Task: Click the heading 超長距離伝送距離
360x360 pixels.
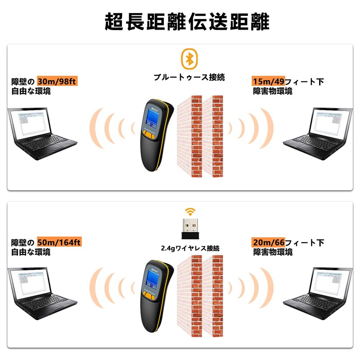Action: click(x=180, y=21)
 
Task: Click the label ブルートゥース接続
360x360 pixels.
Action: click(x=189, y=77)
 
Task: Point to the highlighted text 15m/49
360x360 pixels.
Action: click(x=267, y=81)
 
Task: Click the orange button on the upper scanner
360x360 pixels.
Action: click(x=148, y=134)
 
